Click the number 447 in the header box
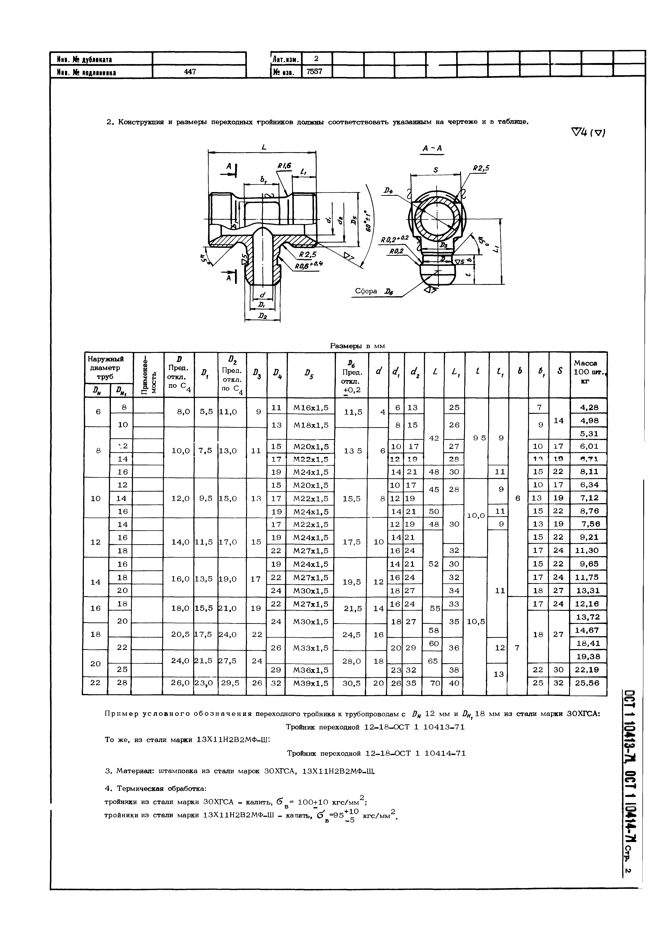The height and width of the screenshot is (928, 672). tap(190, 72)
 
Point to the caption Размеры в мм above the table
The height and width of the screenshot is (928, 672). tap(357, 346)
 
